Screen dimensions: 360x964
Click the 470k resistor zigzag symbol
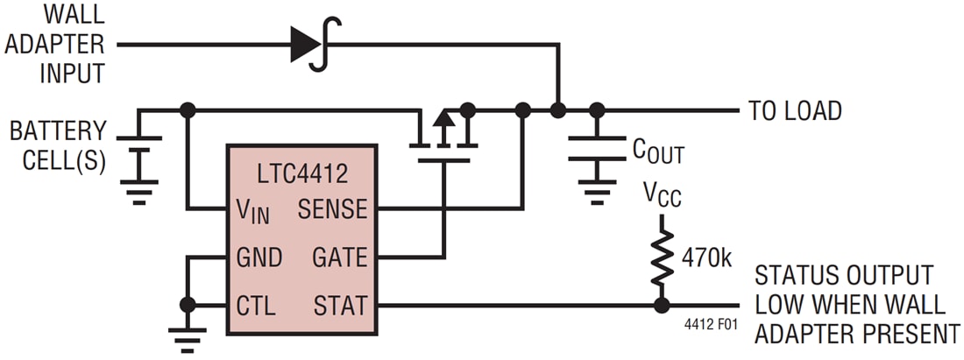click(662, 259)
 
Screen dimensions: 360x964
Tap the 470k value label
click(706, 258)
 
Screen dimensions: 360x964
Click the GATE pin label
click(338, 258)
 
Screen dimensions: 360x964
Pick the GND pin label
click(259, 258)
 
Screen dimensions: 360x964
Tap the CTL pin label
click(256, 306)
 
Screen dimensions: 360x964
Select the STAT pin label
click(339, 306)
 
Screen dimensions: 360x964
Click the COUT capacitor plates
click(598, 148)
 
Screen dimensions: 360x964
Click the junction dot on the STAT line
click(662, 306)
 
